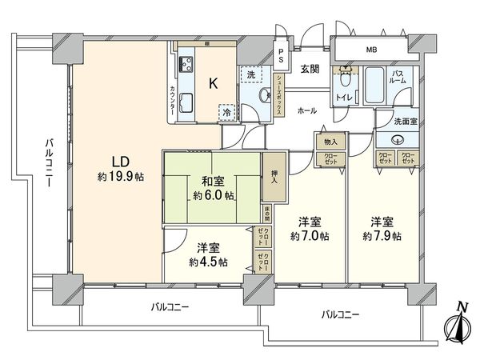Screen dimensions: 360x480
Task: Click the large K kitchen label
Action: [214, 82]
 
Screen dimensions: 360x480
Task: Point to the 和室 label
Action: [213, 180]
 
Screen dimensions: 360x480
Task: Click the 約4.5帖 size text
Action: [207, 261]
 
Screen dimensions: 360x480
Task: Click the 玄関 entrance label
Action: [310, 70]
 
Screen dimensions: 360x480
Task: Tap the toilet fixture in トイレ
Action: [346, 79]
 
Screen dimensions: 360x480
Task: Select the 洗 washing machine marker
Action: [251, 74]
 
